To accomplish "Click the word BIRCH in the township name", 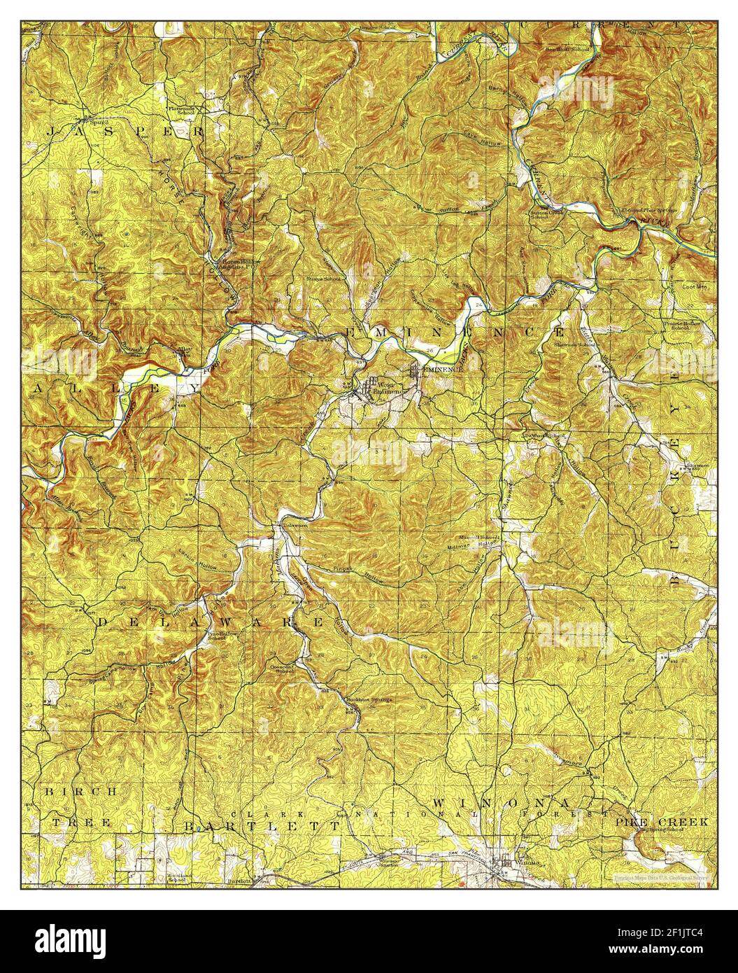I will (72, 791).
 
